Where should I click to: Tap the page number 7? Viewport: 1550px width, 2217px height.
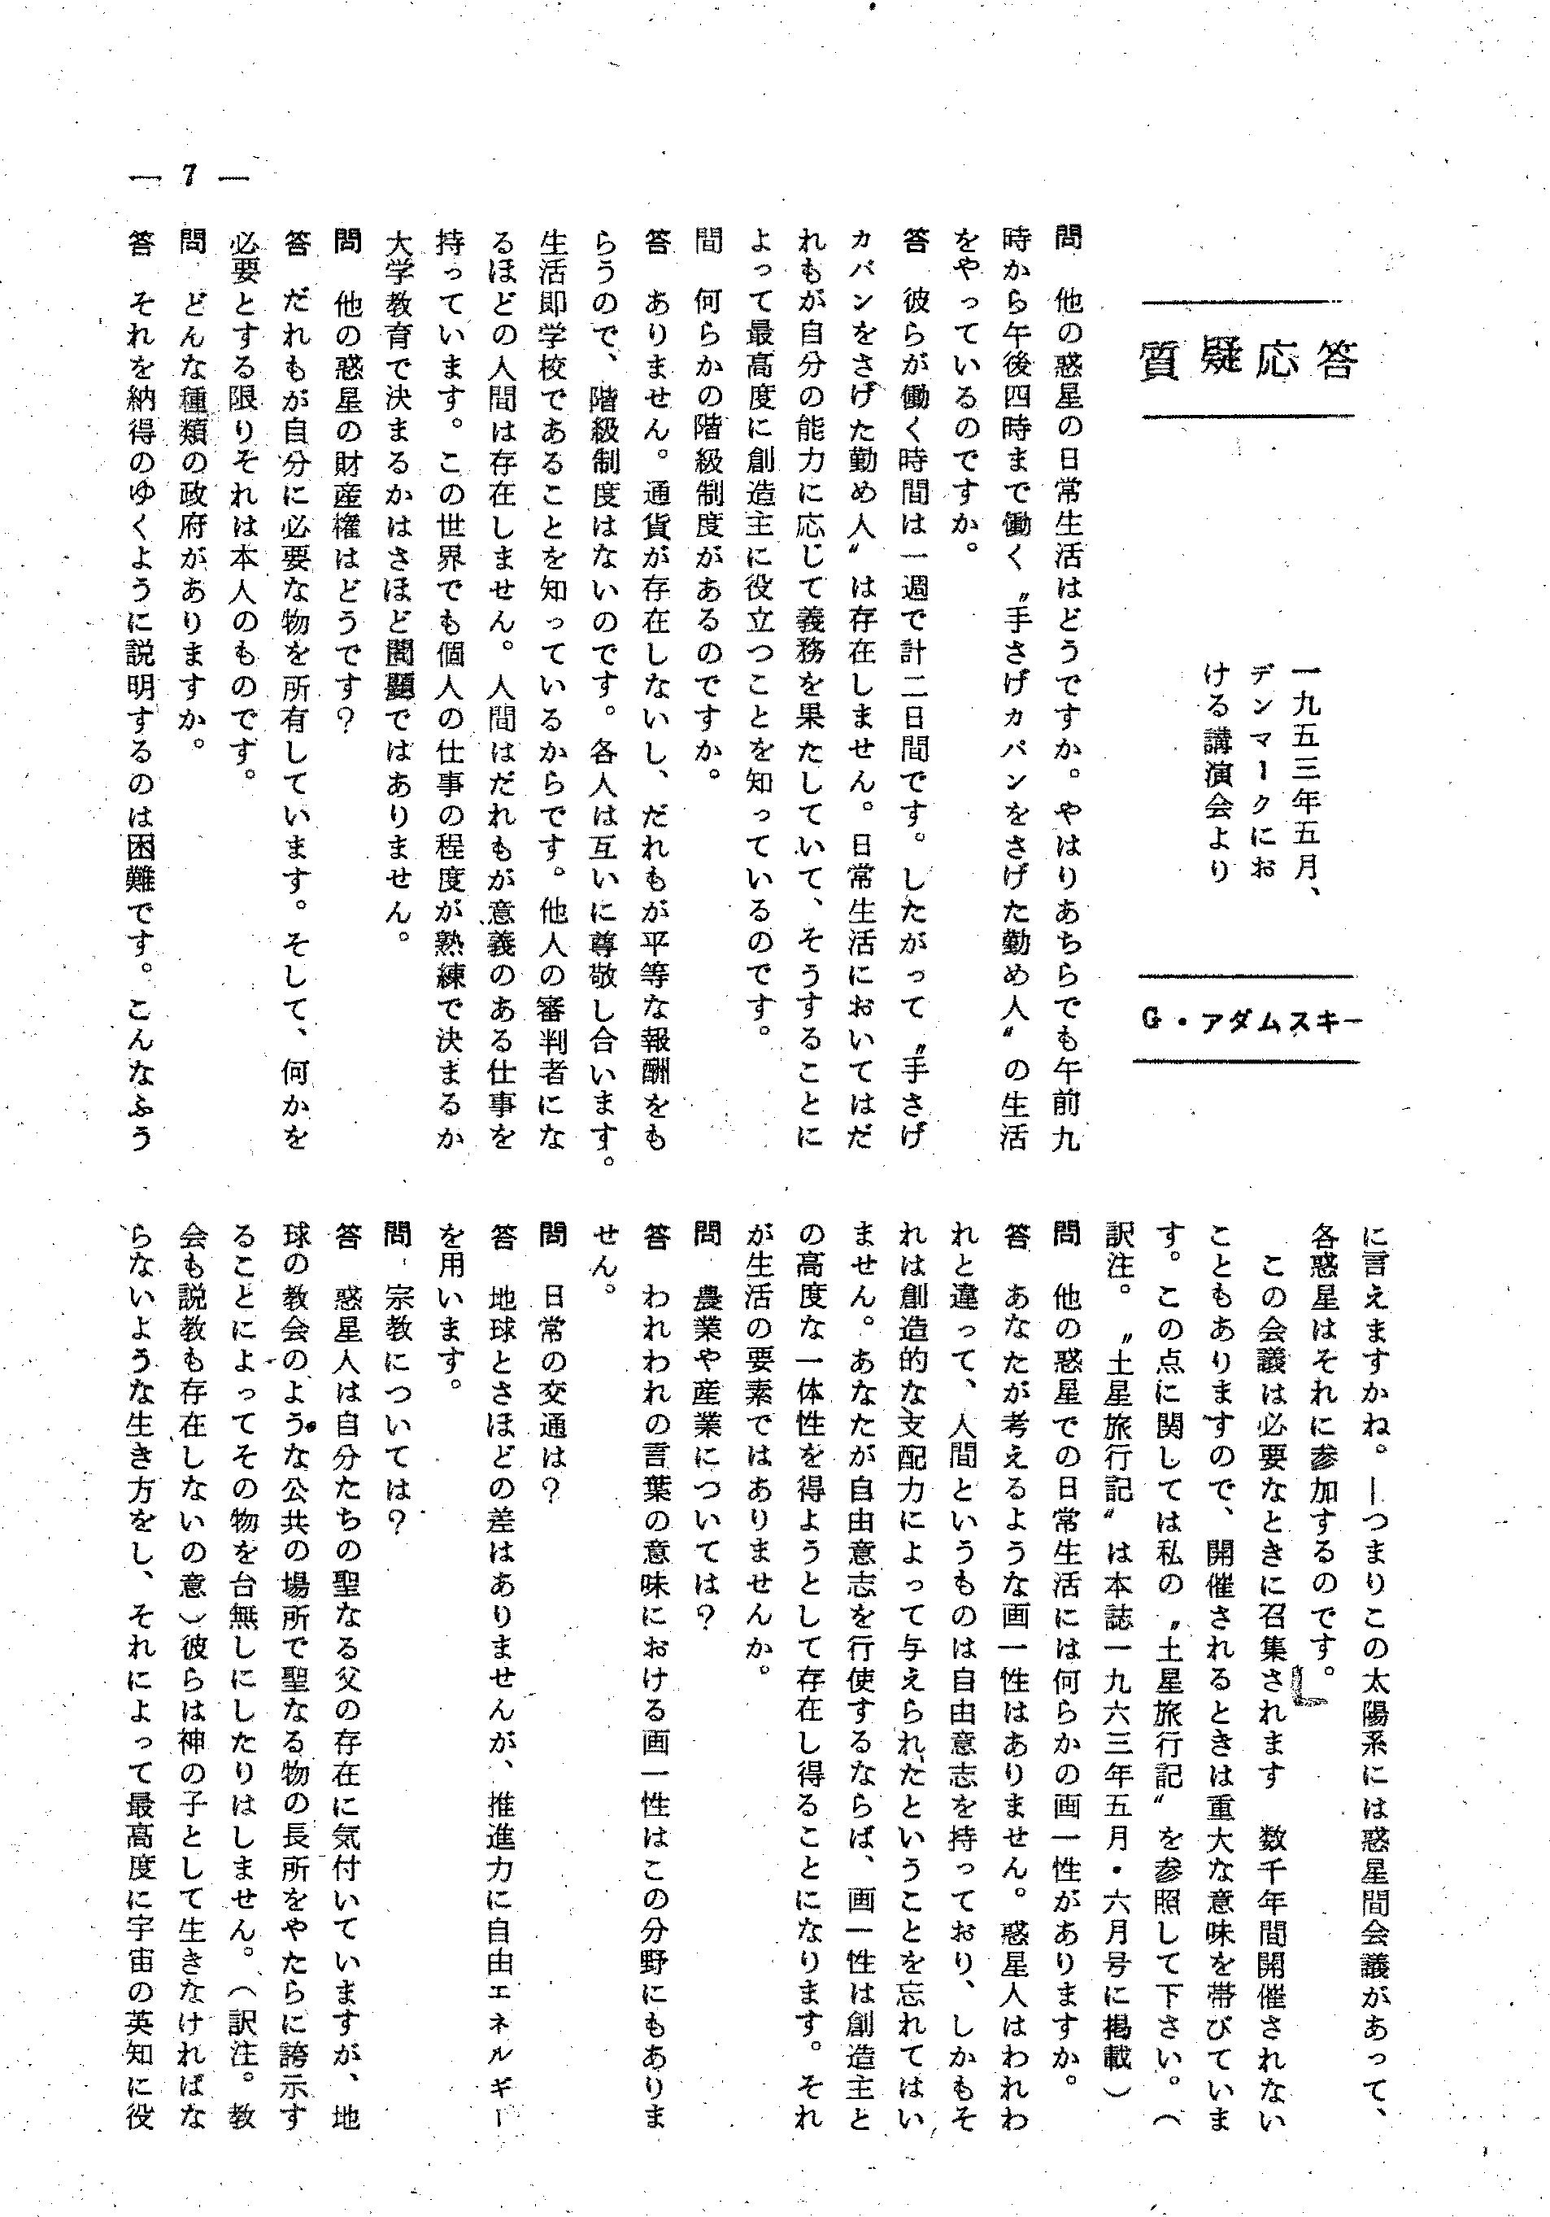point(189,177)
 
